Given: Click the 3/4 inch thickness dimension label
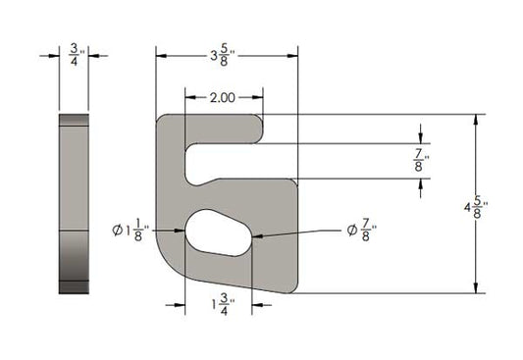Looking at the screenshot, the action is (75, 55).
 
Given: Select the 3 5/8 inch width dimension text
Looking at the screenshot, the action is (223, 55).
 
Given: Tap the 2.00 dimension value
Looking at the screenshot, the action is (223, 98).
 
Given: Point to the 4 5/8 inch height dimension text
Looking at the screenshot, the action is (476, 207).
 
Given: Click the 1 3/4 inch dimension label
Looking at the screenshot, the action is (223, 304).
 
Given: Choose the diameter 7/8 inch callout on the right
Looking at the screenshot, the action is (361, 230).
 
